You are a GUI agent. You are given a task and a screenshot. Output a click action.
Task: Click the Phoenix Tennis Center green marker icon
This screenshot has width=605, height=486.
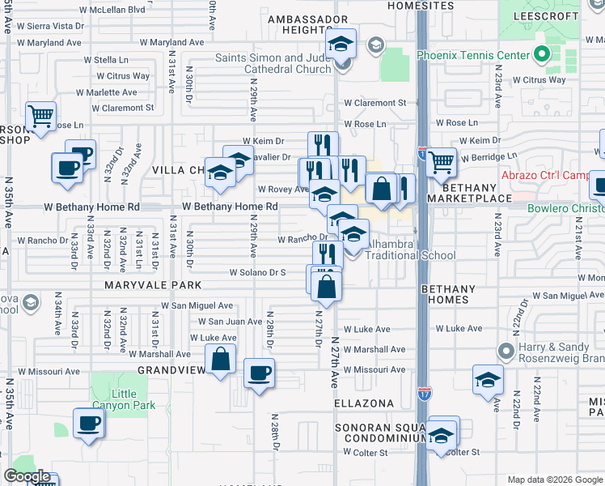point(542,56)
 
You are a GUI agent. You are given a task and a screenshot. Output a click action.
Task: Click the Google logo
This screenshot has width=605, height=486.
point(27,476)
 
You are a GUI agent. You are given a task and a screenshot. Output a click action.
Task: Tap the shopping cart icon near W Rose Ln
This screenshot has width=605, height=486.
point(40,115)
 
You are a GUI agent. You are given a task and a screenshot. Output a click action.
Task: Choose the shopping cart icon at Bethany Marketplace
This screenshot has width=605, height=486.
point(441,161)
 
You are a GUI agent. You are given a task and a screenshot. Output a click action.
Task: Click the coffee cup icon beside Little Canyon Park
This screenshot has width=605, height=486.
point(89,421)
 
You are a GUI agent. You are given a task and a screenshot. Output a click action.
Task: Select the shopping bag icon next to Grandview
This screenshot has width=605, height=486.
point(220,359)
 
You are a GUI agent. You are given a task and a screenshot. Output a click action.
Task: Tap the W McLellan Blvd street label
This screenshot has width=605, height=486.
point(113,10)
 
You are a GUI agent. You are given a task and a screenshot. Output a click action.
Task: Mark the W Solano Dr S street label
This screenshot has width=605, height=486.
point(258,272)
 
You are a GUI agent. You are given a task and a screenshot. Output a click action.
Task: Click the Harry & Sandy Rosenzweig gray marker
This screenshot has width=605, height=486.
point(507,351)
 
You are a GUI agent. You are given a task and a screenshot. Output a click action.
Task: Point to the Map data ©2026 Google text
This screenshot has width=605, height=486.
point(554,479)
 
